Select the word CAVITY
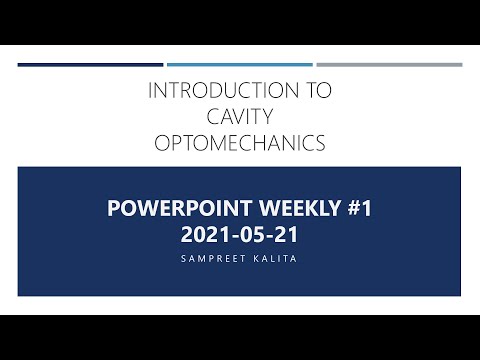click(240, 118)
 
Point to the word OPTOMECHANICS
click(240, 145)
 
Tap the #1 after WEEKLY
click(357, 211)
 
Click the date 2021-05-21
click(240, 236)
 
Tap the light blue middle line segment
click(240, 65)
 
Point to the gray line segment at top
click(390, 65)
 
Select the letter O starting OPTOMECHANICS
click(163, 145)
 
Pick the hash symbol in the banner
click(348, 211)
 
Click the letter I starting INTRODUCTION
click(151, 91)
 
